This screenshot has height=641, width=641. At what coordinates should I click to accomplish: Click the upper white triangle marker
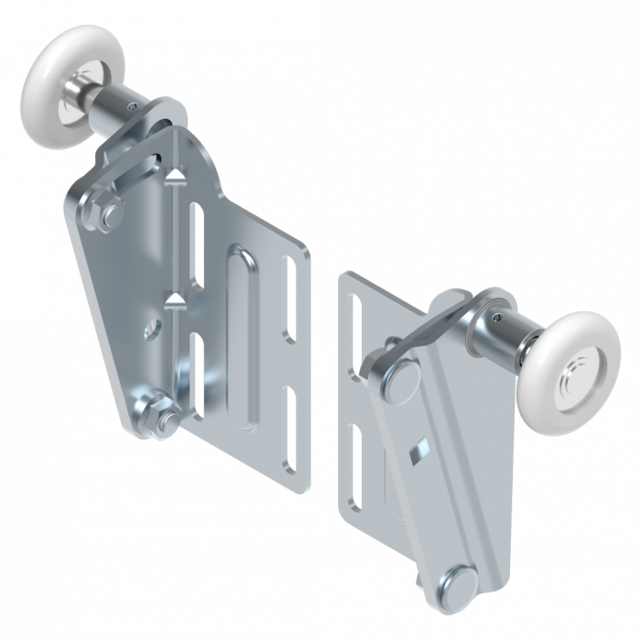point(177,171)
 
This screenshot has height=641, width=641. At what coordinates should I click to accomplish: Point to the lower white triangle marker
point(177,299)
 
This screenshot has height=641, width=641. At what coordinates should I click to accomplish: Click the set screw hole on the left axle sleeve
point(136,107)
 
